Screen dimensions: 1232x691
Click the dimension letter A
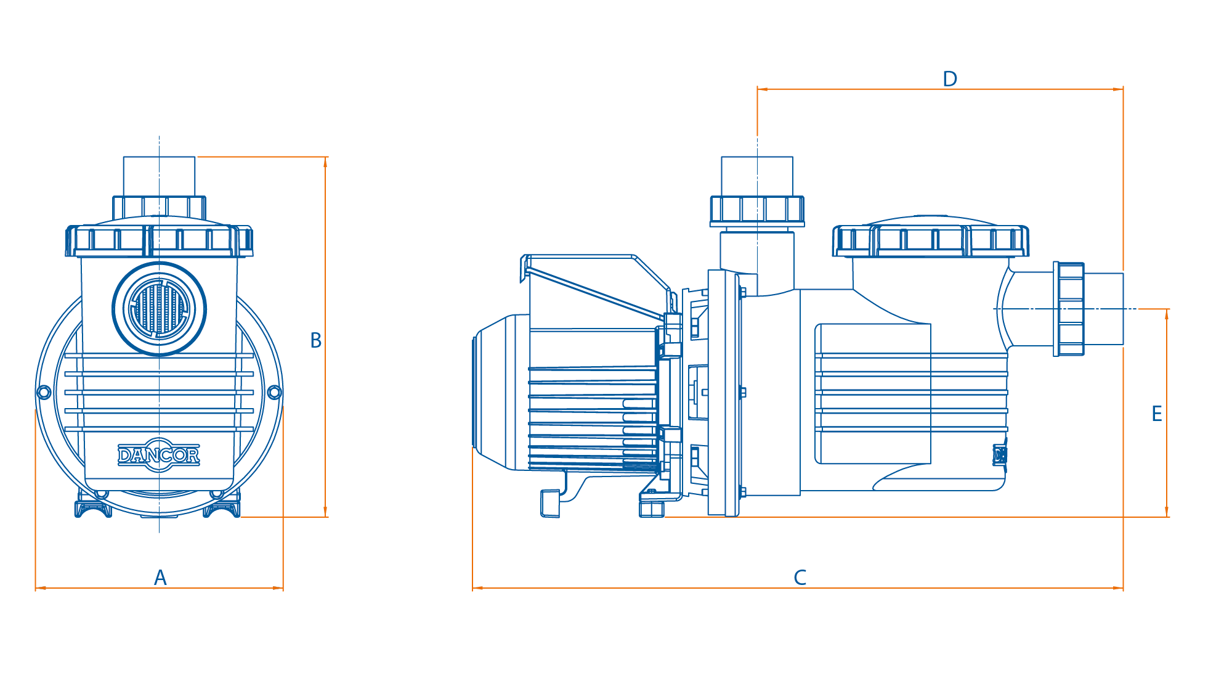coord(160,578)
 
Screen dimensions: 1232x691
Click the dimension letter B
coord(316,340)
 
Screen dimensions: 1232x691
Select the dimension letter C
coord(800,578)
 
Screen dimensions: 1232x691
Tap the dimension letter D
coord(950,79)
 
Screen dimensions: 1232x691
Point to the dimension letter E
coord(1157,414)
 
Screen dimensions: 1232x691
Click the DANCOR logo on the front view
coord(159,455)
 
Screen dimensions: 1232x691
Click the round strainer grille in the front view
coord(160,309)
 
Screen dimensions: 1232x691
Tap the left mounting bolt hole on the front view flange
coord(44,392)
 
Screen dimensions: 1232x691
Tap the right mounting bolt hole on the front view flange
coord(275,392)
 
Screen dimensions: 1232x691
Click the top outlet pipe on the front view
coord(159,176)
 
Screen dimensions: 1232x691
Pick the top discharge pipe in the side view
coord(757,176)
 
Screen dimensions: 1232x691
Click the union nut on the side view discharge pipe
coord(757,211)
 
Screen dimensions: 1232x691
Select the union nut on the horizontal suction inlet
coord(1069,309)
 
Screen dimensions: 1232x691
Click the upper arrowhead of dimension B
coord(325,162)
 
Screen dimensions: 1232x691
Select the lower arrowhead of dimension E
coord(1167,512)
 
